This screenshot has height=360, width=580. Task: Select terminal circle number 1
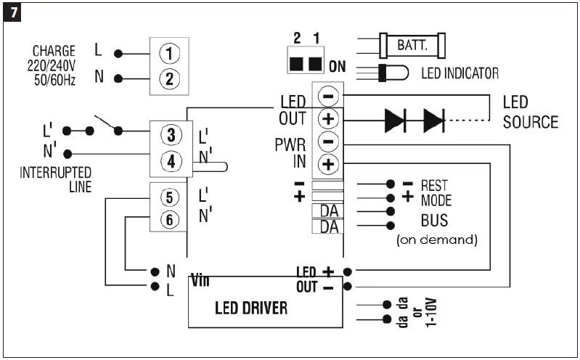coord(168,53)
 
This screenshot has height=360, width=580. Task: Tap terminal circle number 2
coord(168,78)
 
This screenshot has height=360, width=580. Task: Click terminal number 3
coord(168,134)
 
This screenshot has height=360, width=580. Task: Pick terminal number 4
coord(168,161)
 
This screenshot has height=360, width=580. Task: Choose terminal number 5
coord(168,197)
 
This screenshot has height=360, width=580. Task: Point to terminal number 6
coord(168,218)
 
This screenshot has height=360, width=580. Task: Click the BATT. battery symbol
coord(411,45)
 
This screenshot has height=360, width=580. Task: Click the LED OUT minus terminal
coord(328,95)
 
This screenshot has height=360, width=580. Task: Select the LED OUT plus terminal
coord(328,118)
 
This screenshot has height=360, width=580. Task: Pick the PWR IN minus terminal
coord(328,142)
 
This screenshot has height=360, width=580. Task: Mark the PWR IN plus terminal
coord(328,165)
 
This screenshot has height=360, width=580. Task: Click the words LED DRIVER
coord(251,308)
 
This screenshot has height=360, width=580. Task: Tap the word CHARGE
coord(54,52)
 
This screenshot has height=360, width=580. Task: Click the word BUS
coord(434,221)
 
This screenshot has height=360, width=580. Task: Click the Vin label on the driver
coord(200,278)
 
